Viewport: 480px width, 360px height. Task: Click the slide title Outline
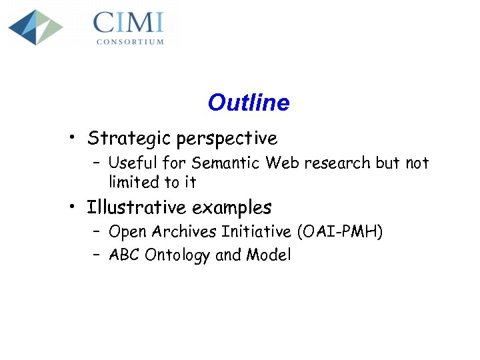tap(249, 103)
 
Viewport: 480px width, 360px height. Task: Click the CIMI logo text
tap(128, 23)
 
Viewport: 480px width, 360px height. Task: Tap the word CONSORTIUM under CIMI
tap(130, 41)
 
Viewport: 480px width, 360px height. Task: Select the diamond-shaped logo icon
tap(35, 27)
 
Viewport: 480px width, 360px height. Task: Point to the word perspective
tap(227, 139)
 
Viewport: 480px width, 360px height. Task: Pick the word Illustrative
tap(137, 208)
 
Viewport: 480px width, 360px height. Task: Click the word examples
tap(232, 209)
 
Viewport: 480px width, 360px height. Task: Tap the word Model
tap(269, 255)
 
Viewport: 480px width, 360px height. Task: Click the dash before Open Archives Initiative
tap(96, 232)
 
